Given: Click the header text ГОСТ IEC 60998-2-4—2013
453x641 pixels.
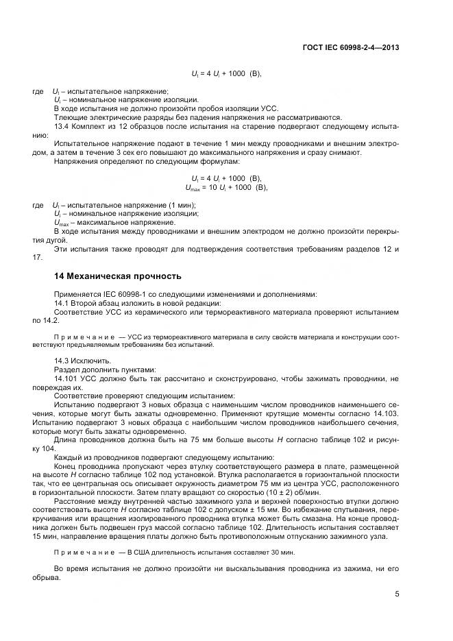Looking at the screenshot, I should click(350, 47).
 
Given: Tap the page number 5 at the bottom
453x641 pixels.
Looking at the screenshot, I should click(397, 594).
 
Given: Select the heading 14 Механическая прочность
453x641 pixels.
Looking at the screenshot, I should click(117, 276).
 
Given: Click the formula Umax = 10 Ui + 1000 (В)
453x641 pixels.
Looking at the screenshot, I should click(226, 186).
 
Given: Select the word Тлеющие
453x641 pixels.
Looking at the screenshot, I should click(70, 117).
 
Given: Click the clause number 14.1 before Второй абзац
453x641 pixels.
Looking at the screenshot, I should click(62, 302).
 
